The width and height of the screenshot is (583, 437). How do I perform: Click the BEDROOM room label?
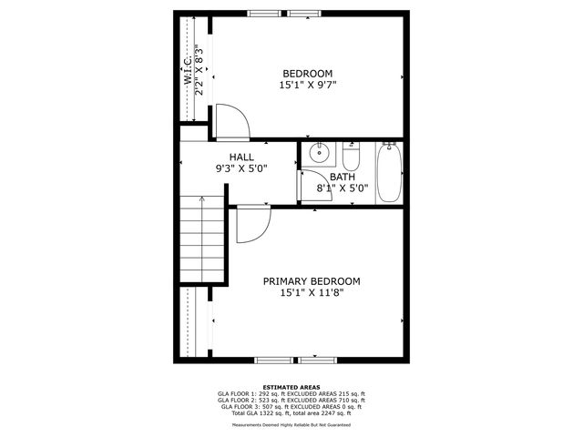pyautogui.click(x=307, y=74)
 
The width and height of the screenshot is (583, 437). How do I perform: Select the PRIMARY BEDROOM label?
pyautogui.click(x=312, y=281)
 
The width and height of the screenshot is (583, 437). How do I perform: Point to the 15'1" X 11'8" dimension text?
pyautogui.click(x=312, y=293)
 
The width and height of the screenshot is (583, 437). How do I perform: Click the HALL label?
pyautogui.click(x=241, y=157)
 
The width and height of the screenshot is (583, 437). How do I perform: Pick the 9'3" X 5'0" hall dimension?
pyautogui.click(x=241, y=168)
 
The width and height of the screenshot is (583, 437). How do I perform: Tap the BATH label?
pyautogui.click(x=343, y=177)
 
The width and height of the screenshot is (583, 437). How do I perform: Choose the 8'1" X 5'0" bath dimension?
pyautogui.click(x=343, y=188)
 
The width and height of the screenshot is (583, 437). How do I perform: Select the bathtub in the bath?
pyautogui.click(x=389, y=173)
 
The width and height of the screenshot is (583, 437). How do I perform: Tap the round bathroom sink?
pyautogui.click(x=318, y=153)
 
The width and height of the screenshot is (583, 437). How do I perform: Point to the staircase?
pyautogui.click(x=201, y=239)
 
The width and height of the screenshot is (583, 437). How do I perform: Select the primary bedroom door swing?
pyautogui.click(x=251, y=224)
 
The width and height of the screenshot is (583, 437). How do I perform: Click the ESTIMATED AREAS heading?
pyautogui.click(x=291, y=386)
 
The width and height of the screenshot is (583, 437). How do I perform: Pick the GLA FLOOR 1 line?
pyautogui.click(x=291, y=393)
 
